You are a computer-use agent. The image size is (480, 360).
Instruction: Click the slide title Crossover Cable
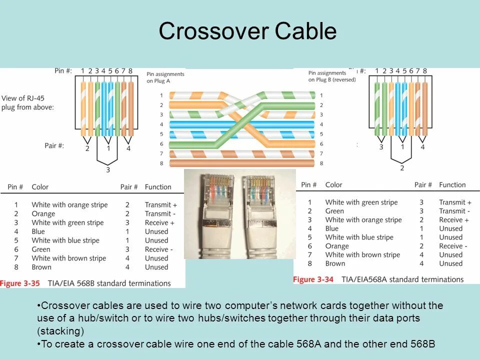click(x=247, y=31)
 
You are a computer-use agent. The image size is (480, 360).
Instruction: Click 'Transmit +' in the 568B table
click(x=161, y=205)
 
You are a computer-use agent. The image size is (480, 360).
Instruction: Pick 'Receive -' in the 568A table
click(x=453, y=246)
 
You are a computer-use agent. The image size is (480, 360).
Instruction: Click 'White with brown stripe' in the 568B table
click(x=68, y=258)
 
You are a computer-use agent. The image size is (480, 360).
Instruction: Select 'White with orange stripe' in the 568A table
click(x=363, y=220)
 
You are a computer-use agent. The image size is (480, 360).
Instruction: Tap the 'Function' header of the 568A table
click(x=452, y=185)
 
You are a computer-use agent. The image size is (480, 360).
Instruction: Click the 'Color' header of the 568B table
click(x=40, y=187)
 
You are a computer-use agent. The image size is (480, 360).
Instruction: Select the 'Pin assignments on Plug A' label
click(x=165, y=77)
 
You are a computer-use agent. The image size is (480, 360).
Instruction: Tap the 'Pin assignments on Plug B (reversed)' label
click(x=331, y=76)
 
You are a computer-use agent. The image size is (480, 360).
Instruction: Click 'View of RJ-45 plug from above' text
click(x=27, y=103)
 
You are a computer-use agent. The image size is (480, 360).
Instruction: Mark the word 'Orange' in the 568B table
click(x=43, y=214)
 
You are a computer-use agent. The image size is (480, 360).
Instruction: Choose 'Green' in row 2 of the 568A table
click(x=334, y=211)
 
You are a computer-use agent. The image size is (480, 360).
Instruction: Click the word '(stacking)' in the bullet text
click(x=60, y=331)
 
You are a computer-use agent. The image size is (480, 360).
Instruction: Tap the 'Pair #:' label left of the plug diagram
click(x=54, y=146)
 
